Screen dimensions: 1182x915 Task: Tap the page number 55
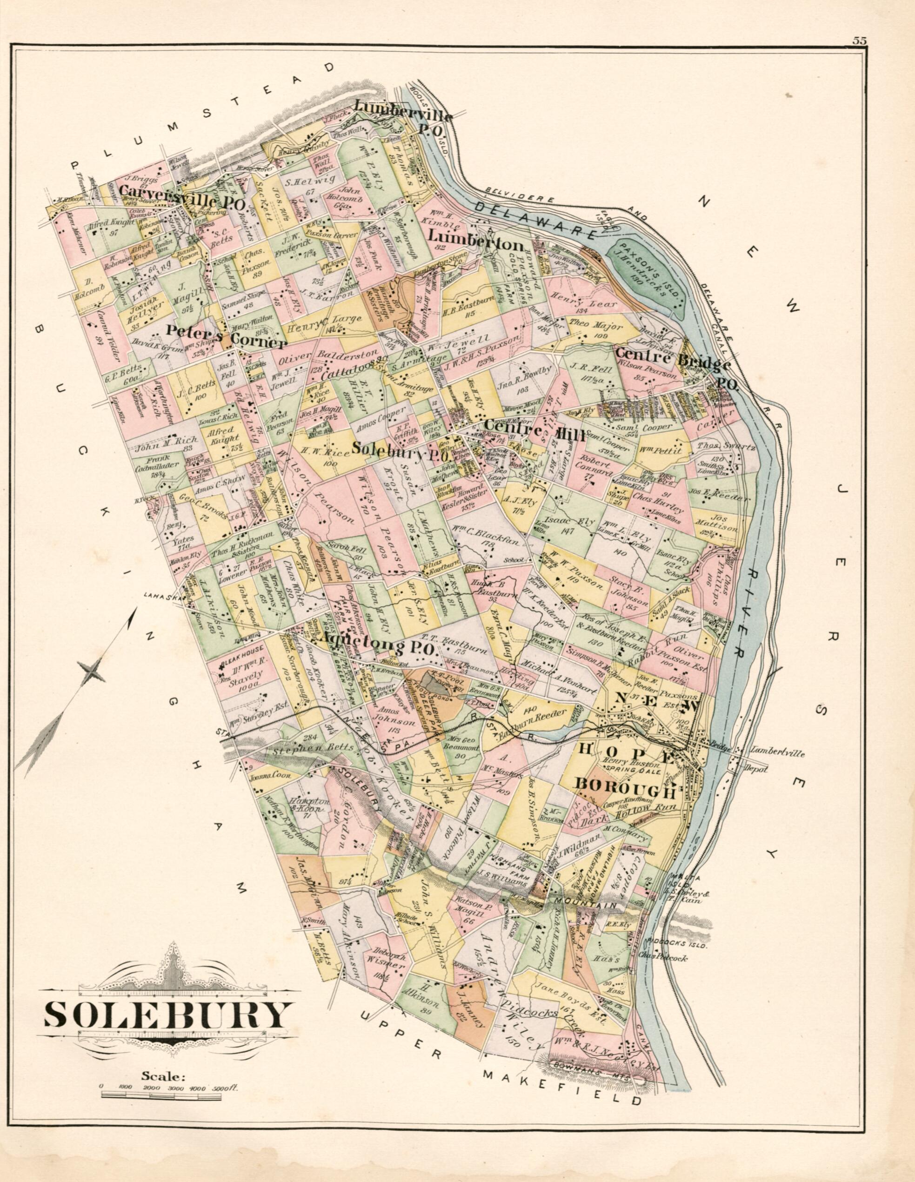point(859,40)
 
